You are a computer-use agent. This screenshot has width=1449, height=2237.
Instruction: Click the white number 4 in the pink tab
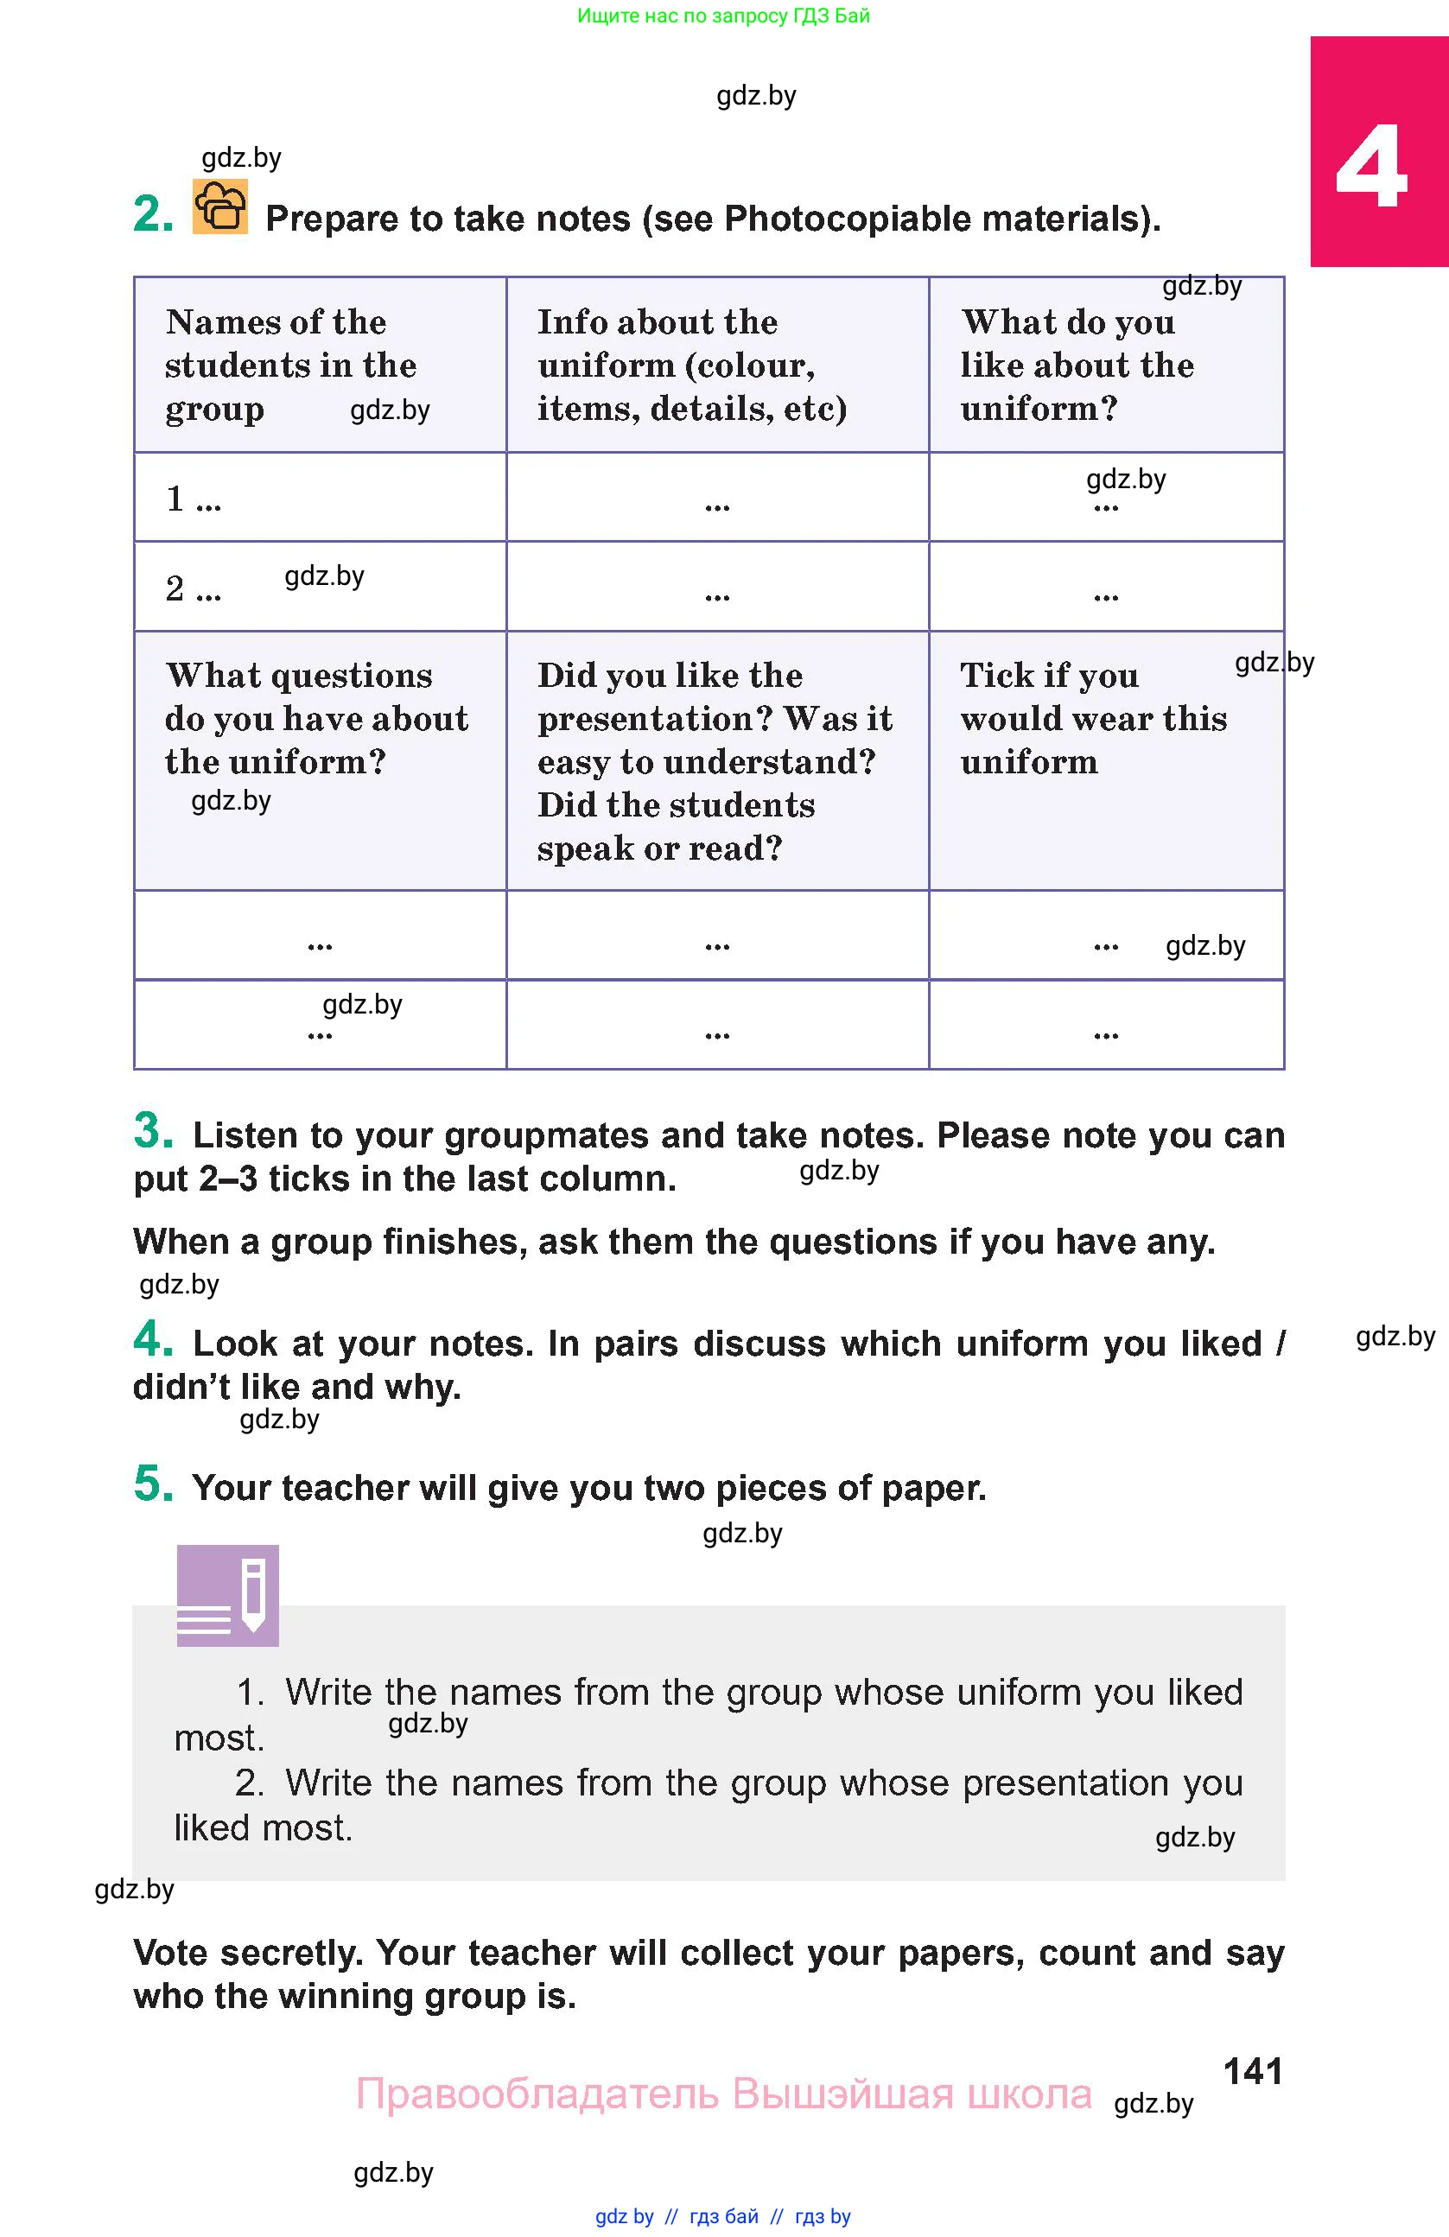[x=1371, y=168]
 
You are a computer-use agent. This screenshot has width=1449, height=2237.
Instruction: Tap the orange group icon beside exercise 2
[x=219, y=206]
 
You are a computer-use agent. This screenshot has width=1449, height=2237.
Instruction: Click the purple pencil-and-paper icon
[x=227, y=1595]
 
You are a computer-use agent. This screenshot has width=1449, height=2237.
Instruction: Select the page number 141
[x=1253, y=2070]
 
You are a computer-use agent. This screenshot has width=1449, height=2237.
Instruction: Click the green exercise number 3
[x=153, y=1131]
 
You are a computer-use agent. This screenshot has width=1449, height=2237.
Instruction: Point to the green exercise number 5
[x=153, y=1484]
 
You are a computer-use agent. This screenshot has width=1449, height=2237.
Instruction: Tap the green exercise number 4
[x=153, y=1338]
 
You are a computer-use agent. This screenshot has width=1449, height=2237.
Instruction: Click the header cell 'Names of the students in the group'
[x=320, y=365]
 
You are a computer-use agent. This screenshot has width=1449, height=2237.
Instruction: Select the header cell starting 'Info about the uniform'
[x=717, y=365]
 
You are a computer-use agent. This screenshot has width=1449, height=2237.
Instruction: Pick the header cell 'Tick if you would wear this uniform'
[x=1105, y=759]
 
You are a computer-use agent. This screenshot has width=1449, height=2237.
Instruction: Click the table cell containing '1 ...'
[x=320, y=497]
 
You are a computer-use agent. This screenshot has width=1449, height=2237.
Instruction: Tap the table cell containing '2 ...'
[x=320, y=587]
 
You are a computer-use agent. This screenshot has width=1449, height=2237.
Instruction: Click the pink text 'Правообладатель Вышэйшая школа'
[x=723, y=2094]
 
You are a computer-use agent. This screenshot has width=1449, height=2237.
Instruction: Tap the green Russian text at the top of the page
[x=722, y=16]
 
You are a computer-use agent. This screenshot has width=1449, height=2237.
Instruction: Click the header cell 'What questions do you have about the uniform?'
[x=320, y=759]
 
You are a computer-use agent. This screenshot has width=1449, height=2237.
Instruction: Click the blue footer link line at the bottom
[x=722, y=2216]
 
